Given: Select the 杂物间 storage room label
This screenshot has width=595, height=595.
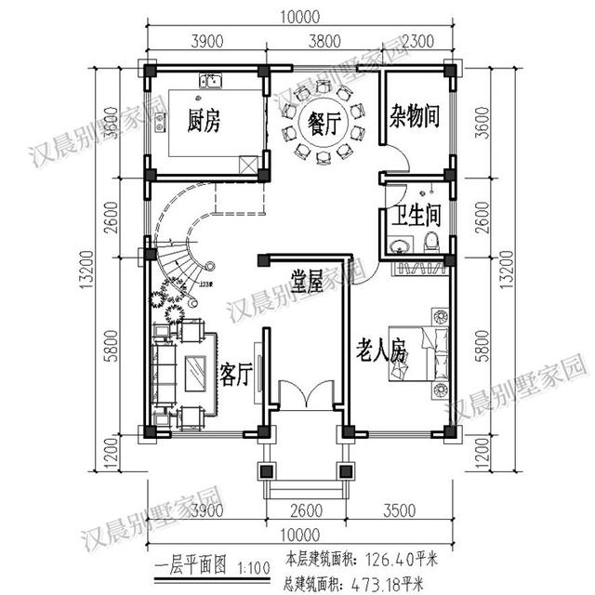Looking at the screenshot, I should pyautogui.click(x=414, y=118).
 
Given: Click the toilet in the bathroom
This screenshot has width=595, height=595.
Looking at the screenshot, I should pyautogui.click(x=430, y=244).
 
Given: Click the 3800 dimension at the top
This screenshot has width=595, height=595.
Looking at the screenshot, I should pyautogui.click(x=318, y=40).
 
